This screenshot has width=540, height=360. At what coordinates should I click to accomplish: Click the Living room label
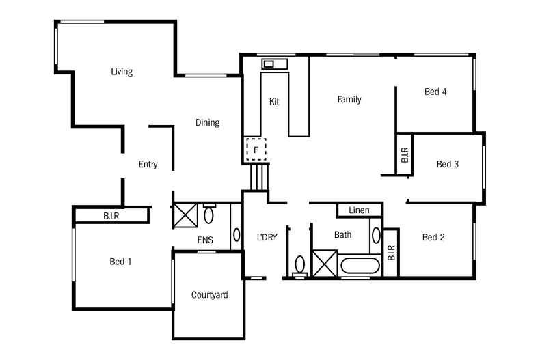[x=121, y=72]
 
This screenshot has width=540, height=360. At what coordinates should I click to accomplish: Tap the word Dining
[x=207, y=123]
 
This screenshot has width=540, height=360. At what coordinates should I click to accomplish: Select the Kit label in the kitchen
[x=274, y=102]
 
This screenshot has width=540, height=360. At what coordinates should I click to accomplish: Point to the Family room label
[x=349, y=100]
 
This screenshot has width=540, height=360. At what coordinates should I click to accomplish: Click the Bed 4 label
[x=435, y=92]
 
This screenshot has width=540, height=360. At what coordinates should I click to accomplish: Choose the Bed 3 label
[x=447, y=164]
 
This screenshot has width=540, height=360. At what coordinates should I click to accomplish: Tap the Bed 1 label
[x=120, y=262]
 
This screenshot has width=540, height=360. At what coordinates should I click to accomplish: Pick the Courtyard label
[x=209, y=295]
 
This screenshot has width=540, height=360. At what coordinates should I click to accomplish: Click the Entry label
[x=148, y=165]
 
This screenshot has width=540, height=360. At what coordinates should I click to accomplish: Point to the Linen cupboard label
[x=359, y=210]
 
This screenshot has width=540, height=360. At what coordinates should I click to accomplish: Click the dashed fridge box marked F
[x=256, y=149]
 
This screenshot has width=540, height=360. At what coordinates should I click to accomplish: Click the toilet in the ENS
[x=209, y=216]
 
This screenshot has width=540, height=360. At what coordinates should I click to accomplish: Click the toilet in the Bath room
[x=300, y=264]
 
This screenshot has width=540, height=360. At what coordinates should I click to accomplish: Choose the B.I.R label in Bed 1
[x=112, y=216]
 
